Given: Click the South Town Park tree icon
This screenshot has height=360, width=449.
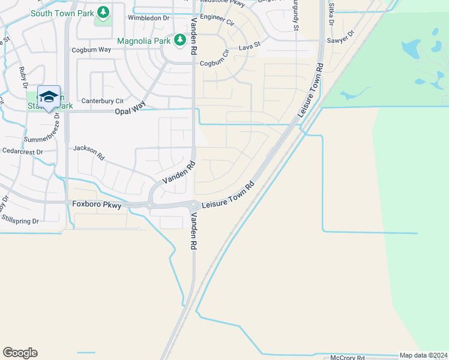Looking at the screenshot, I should (104, 12).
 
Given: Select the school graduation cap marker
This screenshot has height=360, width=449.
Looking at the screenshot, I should (49, 97).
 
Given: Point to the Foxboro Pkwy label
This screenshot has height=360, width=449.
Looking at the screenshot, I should (97, 205).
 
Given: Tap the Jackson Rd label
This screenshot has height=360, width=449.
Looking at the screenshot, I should (89, 153).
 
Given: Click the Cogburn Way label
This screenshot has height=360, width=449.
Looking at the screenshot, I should (91, 50).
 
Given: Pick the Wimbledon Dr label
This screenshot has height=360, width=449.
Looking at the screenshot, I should (148, 18).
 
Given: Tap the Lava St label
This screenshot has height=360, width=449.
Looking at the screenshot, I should (250, 45).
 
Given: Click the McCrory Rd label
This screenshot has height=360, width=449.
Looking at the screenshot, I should (348, 358).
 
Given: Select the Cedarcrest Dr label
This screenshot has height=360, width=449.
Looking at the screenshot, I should (22, 152).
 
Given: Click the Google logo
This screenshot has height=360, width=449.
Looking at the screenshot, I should (20, 353).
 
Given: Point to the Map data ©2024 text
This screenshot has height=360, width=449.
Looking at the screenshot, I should (423, 355).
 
